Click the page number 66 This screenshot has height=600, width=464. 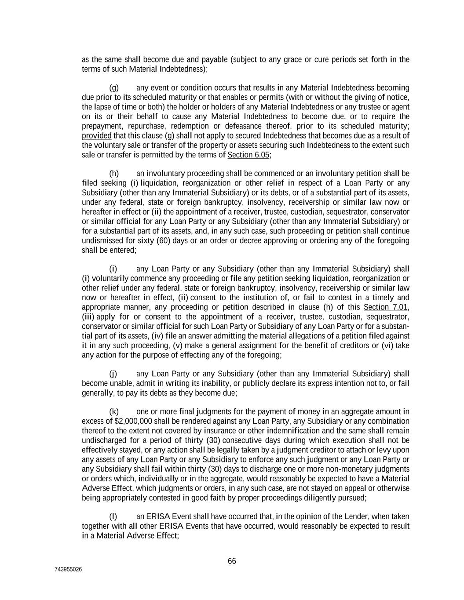coord(232,561)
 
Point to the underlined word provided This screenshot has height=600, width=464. coord(97,135)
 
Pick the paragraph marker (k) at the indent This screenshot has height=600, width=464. coord(114,411)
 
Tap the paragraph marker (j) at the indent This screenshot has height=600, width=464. coord(113,374)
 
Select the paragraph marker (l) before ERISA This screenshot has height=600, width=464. coord(113,516)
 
